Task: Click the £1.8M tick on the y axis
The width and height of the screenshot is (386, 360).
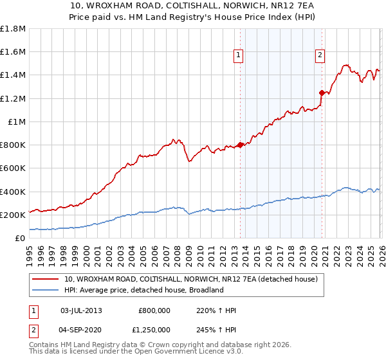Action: (x=13, y=28)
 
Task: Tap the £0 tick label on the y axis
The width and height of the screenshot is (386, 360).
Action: (x=21, y=238)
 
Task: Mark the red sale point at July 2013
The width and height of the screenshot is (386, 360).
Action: (x=241, y=145)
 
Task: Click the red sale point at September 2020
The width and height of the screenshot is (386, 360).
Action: (x=322, y=93)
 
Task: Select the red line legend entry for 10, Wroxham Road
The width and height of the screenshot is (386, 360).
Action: (x=190, y=279)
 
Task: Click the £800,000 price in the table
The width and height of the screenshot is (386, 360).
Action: (x=154, y=310)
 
